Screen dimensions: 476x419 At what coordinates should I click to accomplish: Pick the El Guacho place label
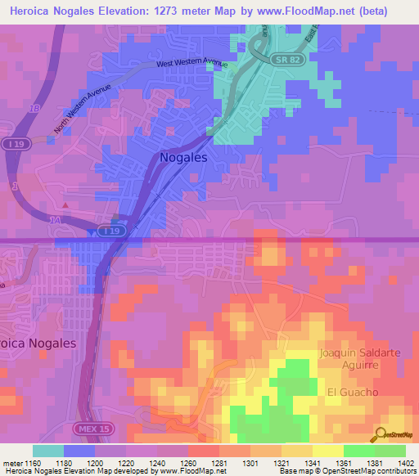pyautogui.click(x=353, y=393)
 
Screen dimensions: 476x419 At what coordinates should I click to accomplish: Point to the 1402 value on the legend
pyautogui.click(x=404, y=465)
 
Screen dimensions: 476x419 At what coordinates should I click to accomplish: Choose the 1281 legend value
pyautogui.click(x=219, y=465)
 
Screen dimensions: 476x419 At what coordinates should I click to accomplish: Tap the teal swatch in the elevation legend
pyautogui.click(x=48, y=451)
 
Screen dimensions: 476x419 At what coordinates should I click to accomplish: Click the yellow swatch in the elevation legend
pyautogui.click(x=327, y=451)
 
